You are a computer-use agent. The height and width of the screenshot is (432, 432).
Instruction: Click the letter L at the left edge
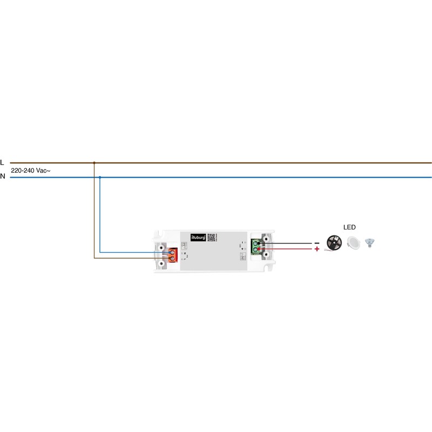(2, 162)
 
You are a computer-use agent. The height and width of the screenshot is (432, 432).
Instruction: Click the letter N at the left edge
(2, 177)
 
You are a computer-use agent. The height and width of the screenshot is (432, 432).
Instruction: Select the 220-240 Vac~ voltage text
(31, 170)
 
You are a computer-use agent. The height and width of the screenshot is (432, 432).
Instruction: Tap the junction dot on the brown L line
(94, 162)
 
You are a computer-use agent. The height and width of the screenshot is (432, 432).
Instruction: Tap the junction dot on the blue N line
(100, 177)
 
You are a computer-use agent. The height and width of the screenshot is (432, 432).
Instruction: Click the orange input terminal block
(173, 255)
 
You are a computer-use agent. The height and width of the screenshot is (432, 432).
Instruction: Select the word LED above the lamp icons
(349, 227)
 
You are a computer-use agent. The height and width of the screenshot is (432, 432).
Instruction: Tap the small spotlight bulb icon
(370, 243)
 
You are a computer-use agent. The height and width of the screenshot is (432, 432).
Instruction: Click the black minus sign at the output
(317, 243)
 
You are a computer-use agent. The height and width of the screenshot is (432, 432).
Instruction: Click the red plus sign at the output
(317, 250)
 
